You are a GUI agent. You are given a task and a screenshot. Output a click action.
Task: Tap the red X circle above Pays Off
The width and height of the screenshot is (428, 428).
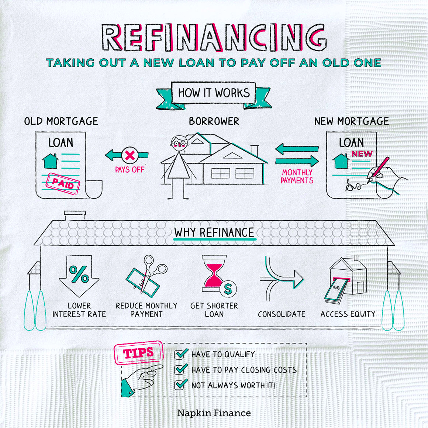point(130,155)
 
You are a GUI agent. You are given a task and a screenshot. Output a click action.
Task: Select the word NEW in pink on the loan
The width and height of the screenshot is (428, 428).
point(362,154)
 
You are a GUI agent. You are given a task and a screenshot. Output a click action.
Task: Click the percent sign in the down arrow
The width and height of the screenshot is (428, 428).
point(79,274)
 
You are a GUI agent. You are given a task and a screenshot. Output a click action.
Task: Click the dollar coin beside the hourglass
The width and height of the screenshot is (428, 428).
point(228,289)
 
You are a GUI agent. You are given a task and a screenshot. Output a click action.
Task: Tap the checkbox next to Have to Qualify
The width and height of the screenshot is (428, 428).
point(181,354)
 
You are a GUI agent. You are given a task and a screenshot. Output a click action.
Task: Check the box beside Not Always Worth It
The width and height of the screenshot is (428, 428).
point(181,384)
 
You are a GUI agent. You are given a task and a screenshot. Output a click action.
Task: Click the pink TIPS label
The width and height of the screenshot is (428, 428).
point(138,353)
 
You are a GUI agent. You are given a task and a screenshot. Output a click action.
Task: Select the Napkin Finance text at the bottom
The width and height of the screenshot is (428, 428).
point(214,413)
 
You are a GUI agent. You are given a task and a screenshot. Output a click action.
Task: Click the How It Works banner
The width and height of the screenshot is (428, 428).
point(214,93)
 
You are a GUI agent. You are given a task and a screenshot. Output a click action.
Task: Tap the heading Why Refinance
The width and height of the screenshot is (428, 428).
point(214,233)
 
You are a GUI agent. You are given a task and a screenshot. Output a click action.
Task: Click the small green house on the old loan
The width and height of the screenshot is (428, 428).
point(50,161)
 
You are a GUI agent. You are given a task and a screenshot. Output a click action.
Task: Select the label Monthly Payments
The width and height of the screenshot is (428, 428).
point(297,176)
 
